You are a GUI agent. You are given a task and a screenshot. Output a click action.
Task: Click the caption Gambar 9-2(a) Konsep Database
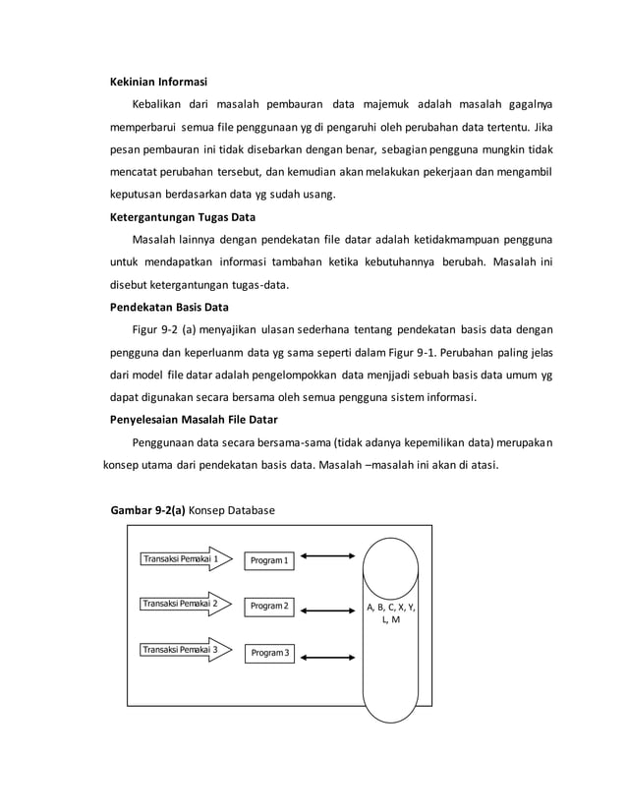tap(194, 511)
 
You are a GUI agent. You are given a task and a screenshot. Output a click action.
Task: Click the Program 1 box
tap(269, 560)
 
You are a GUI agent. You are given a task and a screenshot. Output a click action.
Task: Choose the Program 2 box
tap(269, 607)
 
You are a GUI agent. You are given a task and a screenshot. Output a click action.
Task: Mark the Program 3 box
tap(269, 653)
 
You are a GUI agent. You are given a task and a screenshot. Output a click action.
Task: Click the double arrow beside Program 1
tap(329, 557)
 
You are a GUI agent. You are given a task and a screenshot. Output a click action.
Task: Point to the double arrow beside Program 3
tap(329, 655)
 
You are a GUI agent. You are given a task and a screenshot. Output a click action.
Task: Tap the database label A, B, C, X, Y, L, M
tap(390, 614)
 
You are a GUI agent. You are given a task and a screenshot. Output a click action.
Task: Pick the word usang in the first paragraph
tap(316, 195)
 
